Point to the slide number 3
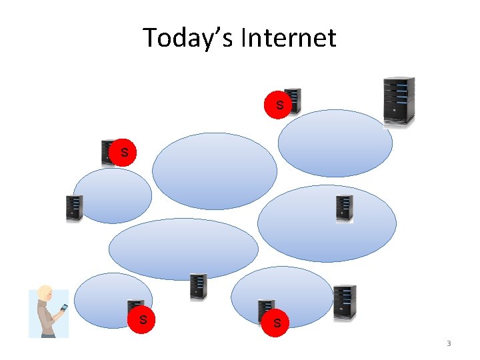click(x=449, y=344)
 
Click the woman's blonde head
click(x=45, y=294)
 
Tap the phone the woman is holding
click(x=64, y=308)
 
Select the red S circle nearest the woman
click(x=143, y=319)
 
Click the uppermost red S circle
click(x=279, y=105)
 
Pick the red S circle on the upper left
click(x=123, y=152)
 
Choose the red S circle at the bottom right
click(x=276, y=323)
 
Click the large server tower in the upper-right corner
click(x=399, y=100)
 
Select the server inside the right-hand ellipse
click(x=344, y=208)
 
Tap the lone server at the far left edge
click(x=74, y=208)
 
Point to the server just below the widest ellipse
click(x=198, y=286)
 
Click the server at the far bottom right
click(x=345, y=302)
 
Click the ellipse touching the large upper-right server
click(x=335, y=143)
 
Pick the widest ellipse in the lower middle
click(x=183, y=249)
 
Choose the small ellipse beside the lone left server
click(x=113, y=195)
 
